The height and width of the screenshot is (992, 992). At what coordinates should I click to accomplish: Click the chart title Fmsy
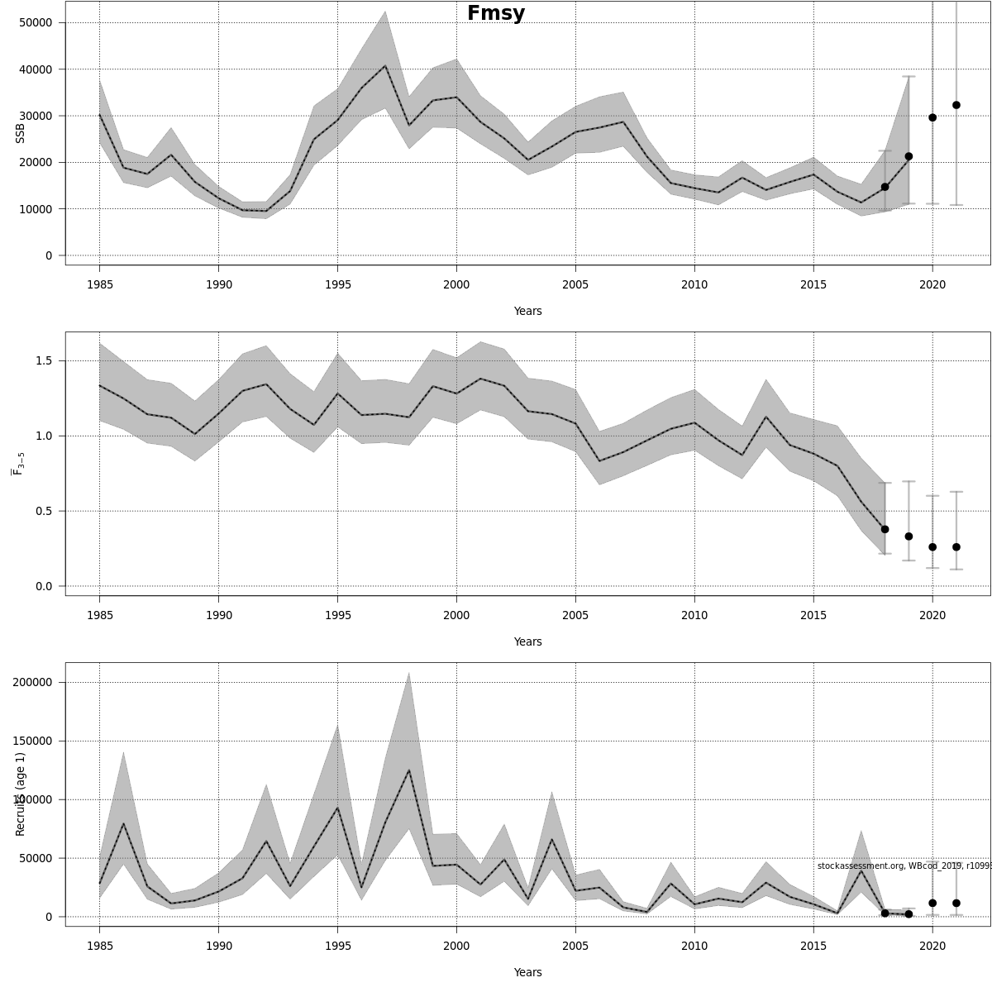tap(495, 13)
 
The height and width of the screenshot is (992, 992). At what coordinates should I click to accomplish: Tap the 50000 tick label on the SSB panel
tap(35, 22)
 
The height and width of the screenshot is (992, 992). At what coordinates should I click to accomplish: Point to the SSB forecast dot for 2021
tap(956, 105)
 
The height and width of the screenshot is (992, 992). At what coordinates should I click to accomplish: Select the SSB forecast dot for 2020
tap(932, 117)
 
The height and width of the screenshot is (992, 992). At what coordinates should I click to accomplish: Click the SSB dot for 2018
tap(885, 187)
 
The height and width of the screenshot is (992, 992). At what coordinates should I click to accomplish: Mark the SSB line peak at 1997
tap(385, 66)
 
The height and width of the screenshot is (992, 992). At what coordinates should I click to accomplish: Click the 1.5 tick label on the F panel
tap(43, 360)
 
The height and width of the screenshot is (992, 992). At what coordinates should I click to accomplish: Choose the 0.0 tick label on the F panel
tap(43, 586)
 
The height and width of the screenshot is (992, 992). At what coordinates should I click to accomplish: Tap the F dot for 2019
tap(909, 537)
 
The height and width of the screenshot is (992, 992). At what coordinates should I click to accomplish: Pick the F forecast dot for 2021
tap(956, 547)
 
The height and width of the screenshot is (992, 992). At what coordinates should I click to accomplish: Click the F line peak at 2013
tap(765, 417)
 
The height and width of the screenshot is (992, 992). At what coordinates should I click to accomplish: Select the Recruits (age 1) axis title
tap(21, 794)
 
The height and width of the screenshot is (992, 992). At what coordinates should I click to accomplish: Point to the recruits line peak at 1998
tap(408, 770)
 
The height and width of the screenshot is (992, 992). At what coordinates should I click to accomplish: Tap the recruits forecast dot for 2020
tap(932, 904)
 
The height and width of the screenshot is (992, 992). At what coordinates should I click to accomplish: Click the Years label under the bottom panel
tap(527, 972)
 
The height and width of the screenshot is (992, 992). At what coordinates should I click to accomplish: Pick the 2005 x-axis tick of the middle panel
tap(575, 615)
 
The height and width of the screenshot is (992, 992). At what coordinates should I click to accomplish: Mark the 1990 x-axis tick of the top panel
tap(218, 284)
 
